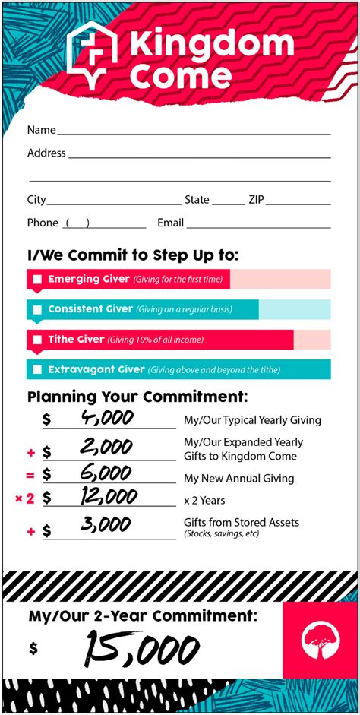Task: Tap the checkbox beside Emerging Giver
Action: [37, 280]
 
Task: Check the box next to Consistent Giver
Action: [37, 310]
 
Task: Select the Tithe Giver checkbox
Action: [37, 340]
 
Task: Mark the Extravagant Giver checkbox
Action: [37, 371]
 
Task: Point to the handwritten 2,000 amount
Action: [106, 448]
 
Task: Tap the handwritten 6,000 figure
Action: [106, 474]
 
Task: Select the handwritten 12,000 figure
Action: [106, 498]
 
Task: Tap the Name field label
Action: [41, 130]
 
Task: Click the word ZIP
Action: [256, 200]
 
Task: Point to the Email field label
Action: [170, 223]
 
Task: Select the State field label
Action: [197, 200]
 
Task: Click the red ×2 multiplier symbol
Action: [25, 499]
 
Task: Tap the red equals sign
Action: [31, 475]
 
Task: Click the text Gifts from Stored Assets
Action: [242, 522]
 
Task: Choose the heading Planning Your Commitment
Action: [137, 397]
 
